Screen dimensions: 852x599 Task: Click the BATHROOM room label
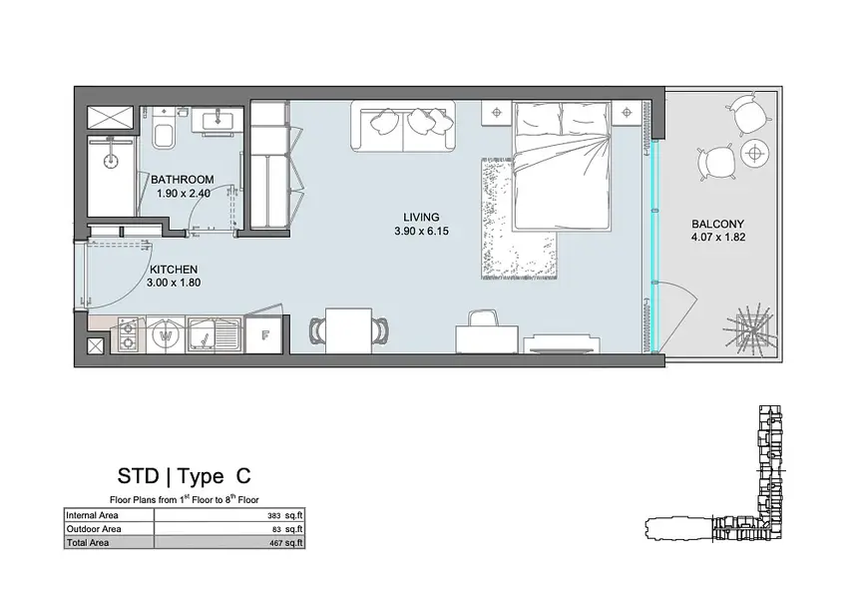coord(182,180)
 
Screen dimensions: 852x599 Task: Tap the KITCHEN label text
coord(174,270)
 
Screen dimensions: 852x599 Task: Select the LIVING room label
coord(421,218)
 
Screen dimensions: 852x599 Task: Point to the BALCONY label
coord(717,224)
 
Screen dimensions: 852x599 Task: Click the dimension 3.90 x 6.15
coord(422,231)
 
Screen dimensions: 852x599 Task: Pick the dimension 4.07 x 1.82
coord(718,237)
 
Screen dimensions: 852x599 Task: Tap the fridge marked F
coord(264,334)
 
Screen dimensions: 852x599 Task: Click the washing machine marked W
coord(166,334)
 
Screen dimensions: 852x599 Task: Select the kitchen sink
coord(214,334)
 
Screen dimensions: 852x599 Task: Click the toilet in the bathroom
coord(163,130)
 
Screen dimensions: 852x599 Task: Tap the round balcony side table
coord(754,153)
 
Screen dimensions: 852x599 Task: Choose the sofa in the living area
coord(403,126)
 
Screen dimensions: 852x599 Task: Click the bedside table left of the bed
coord(496,113)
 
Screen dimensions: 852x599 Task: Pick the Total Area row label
coord(88,542)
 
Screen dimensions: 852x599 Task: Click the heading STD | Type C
coord(185,476)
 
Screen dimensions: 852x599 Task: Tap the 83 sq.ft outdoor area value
coord(287,529)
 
